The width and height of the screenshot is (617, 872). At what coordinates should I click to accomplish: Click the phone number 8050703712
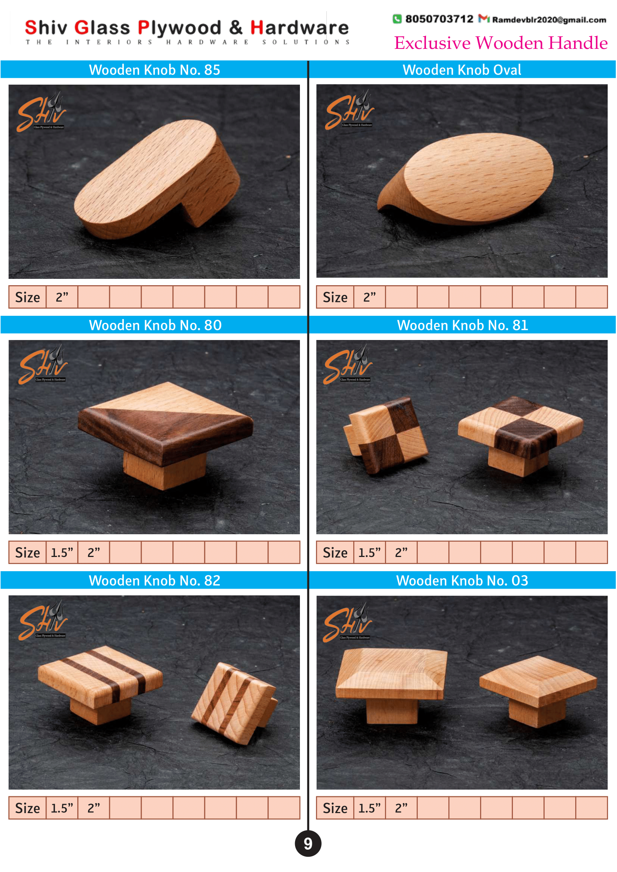click(439, 19)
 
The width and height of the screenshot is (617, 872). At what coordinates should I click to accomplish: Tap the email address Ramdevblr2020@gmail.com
click(549, 20)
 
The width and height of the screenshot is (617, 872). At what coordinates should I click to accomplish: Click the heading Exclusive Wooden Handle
click(501, 43)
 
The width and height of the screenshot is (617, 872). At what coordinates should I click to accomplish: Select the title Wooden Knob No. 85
click(155, 70)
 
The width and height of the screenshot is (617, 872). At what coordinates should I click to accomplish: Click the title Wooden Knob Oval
click(462, 70)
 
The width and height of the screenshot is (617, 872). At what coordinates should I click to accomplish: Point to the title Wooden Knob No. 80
click(155, 325)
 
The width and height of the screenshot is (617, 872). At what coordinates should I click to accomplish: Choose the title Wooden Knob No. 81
click(463, 325)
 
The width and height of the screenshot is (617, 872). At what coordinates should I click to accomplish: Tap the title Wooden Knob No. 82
click(155, 581)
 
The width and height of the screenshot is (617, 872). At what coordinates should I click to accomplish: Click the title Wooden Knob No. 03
click(462, 581)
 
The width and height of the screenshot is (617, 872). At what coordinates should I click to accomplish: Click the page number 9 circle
click(308, 844)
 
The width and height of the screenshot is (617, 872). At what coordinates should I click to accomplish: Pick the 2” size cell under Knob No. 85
click(62, 298)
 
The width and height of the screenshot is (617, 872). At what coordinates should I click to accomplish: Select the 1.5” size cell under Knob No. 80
click(62, 553)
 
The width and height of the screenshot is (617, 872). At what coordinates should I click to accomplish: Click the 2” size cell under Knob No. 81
click(401, 553)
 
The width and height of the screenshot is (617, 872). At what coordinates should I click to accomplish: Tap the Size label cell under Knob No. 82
click(27, 808)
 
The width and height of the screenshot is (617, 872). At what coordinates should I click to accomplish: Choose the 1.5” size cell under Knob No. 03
click(370, 808)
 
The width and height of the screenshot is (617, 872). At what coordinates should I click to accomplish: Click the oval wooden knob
click(466, 179)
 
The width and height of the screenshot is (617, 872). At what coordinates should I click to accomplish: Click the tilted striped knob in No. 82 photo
click(235, 703)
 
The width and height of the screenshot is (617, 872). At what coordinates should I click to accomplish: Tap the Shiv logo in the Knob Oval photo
click(350, 110)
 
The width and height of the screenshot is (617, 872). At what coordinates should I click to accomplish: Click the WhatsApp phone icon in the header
click(397, 19)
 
